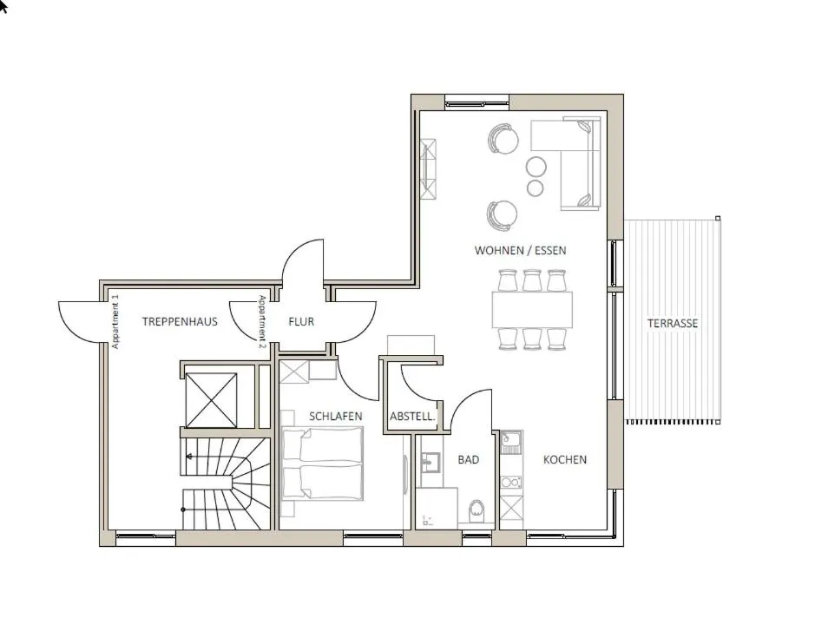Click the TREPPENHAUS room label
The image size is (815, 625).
pos(180,322)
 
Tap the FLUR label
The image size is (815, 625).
pos(301,322)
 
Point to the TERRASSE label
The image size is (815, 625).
pos(673,324)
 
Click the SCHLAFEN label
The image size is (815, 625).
pos(336,417)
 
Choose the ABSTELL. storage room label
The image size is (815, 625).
pos(412,417)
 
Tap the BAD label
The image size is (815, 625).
pos(469,460)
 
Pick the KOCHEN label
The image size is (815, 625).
pos(565,460)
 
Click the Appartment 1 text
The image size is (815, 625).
pos(115,322)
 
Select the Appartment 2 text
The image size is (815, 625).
pos(262,321)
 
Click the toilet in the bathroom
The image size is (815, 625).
pos(477,511)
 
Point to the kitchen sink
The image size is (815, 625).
pos(511,443)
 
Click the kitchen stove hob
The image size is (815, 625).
pos(511,483)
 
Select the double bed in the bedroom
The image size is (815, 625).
pos(322,464)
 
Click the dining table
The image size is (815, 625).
pos(532,309)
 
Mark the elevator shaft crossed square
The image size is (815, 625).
pos(211,400)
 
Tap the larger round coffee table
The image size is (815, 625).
pos(536,167)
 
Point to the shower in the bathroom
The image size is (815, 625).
pos(437,508)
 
